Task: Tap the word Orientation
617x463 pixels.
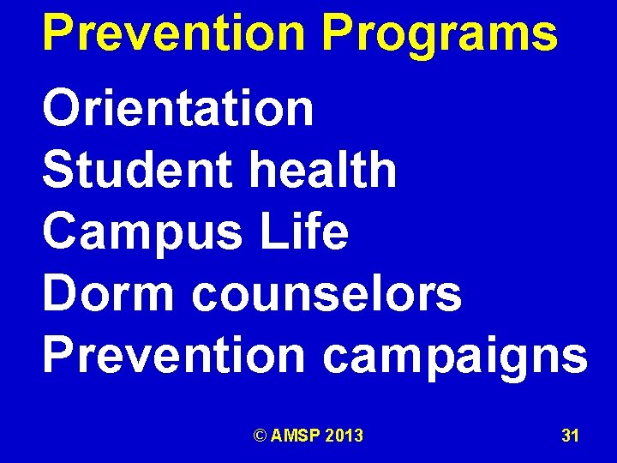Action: coord(178,109)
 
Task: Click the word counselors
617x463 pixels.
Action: coord(326,293)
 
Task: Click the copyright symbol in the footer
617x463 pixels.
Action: coord(260,436)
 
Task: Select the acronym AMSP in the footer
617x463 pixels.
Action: coord(295,436)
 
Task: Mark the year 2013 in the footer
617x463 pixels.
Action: coord(344,436)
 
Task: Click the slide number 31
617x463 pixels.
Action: coord(570,436)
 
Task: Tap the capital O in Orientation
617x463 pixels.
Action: coord(60,109)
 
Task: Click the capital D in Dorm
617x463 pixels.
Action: coord(58,293)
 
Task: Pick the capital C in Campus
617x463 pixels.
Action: coord(60,231)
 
